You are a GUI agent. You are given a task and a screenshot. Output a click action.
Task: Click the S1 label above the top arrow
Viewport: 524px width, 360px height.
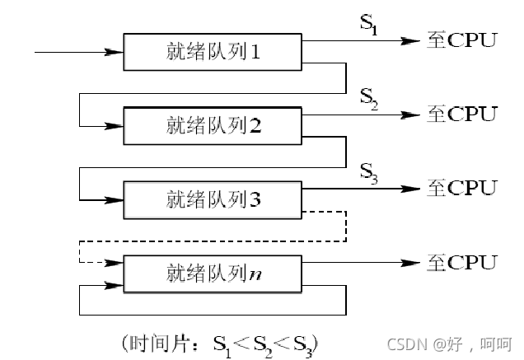[x=368, y=24]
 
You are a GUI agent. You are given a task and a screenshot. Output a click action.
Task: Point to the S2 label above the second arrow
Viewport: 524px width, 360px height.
[x=369, y=98]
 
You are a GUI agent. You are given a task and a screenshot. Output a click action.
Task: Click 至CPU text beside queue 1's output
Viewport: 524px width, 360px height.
[x=462, y=40]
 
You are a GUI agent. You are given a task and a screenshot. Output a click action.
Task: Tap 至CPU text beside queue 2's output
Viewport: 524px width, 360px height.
[x=462, y=114]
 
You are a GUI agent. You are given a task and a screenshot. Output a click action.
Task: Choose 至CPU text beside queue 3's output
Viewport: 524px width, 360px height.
[x=462, y=187]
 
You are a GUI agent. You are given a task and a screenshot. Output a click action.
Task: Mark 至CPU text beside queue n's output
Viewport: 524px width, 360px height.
[x=462, y=262]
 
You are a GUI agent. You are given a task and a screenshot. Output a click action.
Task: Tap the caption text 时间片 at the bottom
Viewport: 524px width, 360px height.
[x=161, y=340]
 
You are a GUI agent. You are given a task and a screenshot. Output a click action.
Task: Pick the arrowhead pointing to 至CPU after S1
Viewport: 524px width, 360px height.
[x=411, y=40]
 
